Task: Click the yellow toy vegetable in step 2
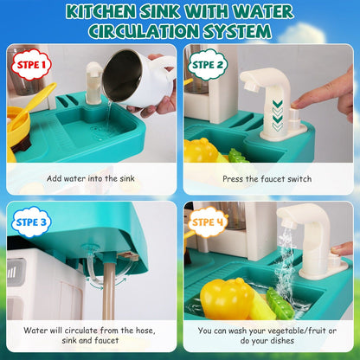tap(202, 151)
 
